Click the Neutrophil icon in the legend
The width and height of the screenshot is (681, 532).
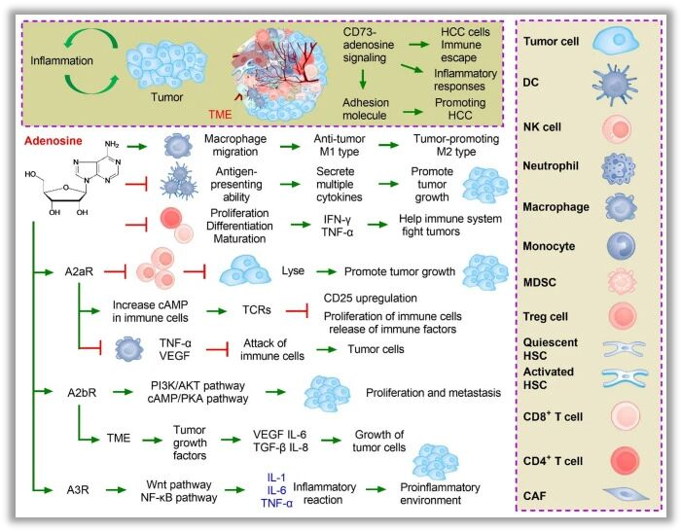point(616,165)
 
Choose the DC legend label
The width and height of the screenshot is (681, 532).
point(531,84)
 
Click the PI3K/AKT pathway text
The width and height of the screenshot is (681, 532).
point(197,386)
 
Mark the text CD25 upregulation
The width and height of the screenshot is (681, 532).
point(373,298)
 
